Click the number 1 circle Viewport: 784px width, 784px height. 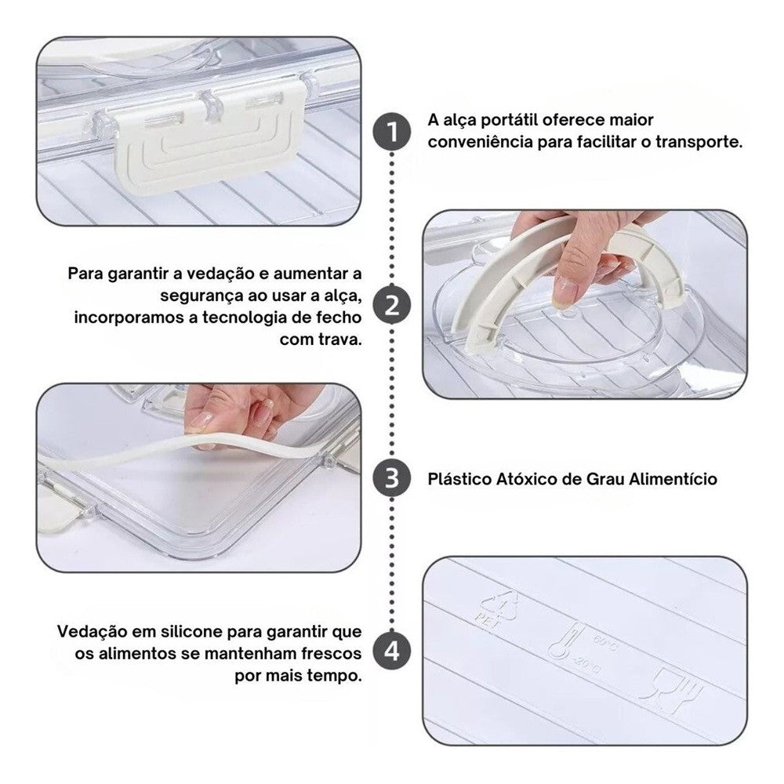click(x=392, y=132)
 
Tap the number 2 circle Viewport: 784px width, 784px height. click(x=392, y=305)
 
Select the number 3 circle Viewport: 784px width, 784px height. click(x=392, y=478)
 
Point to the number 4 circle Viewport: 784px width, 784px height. click(x=392, y=652)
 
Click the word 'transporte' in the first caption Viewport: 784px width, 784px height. click(x=699, y=143)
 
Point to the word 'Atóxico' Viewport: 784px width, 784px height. click(x=526, y=479)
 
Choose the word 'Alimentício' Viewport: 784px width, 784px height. click(x=673, y=479)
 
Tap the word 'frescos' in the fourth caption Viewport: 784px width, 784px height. click(x=328, y=654)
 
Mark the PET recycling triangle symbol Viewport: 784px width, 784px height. click(x=498, y=608)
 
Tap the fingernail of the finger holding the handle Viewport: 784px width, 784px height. click(x=566, y=293)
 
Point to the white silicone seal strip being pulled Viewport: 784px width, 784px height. click(x=185, y=449)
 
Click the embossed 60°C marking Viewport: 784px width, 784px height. click(x=605, y=643)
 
